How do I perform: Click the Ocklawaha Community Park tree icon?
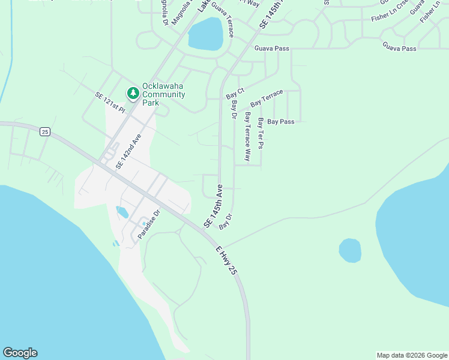pyautogui.click(x=132, y=93)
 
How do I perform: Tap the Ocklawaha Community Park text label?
pyautogui.click(x=163, y=94)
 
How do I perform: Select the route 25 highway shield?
pyautogui.click(x=44, y=132)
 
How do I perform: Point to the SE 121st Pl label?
pyautogui.click(x=110, y=103)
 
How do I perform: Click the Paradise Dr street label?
pyautogui.click(x=150, y=224)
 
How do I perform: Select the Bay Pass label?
pyautogui.click(x=281, y=121)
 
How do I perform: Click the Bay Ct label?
pyautogui.click(x=235, y=94)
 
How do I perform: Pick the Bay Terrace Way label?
pyautogui.click(x=247, y=136)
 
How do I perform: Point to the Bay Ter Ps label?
pyautogui.click(x=261, y=133)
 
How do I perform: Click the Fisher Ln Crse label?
pyautogui.click(x=390, y=18)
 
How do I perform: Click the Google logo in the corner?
pyautogui.click(x=20, y=353)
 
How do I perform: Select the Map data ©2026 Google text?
pyautogui.click(x=412, y=355)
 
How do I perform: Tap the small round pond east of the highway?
pyautogui.click(x=350, y=250)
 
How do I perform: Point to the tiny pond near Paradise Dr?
pyautogui.click(x=122, y=212)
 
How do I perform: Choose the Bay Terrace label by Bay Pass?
pyautogui.click(x=267, y=98)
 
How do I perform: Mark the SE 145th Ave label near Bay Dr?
pyautogui.click(x=214, y=205)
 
